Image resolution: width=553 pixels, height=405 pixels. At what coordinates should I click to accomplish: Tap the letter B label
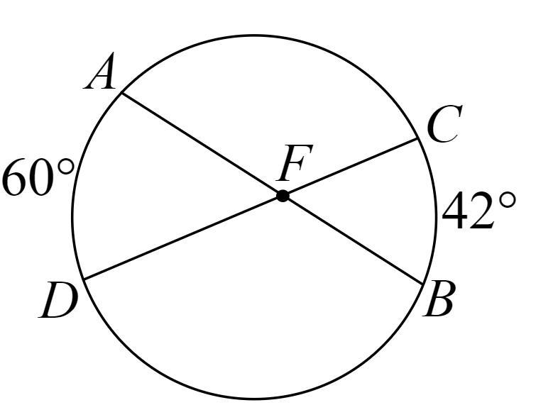[439, 301]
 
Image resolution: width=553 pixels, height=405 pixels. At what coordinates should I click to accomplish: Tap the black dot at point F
[283, 196]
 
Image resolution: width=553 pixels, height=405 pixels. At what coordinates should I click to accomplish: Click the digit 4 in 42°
[457, 211]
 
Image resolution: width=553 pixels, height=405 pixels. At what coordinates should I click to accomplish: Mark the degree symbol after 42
[507, 200]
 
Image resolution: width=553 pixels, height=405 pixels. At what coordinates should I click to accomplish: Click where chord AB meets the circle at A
[122, 93]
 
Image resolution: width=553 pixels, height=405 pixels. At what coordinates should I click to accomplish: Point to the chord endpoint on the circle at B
[424, 284]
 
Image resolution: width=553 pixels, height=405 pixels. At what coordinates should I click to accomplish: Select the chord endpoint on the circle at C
[417, 138]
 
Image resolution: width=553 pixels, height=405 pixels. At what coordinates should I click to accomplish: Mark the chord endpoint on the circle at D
[83, 279]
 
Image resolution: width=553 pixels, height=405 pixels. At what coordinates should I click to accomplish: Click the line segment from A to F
[202, 144]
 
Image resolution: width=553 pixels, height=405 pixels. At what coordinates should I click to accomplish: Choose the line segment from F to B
[354, 240]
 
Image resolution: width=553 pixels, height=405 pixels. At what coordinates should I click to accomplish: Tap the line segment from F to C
[349, 167]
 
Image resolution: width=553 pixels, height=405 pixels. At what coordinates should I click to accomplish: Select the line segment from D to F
[182, 238]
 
